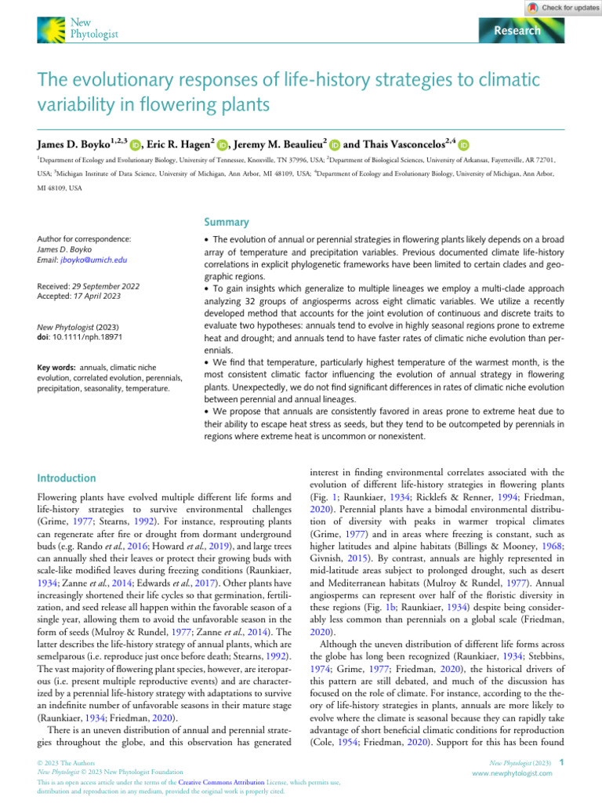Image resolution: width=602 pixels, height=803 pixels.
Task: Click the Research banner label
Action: (x=517, y=31)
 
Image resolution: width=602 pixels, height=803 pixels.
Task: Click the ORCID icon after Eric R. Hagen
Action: (x=223, y=145)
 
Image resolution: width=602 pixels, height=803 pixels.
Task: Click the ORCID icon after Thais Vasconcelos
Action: (x=464, y=145)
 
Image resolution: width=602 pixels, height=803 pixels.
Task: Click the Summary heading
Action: (x=227, y=223)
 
